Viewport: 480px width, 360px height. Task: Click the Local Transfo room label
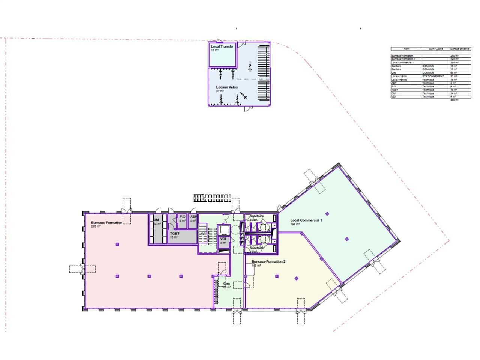point(222,46)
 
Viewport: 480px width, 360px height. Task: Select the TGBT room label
point(174,233)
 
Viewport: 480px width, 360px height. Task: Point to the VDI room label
point(223,239)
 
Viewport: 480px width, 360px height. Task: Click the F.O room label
point(182,217)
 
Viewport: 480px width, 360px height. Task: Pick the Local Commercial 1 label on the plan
point(306,220)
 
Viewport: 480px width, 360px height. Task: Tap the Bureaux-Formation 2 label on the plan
point(268,261)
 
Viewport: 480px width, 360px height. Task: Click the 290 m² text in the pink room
point(96,226)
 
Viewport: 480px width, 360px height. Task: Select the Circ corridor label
point(226,283)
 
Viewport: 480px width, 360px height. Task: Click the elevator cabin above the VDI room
point(224,229)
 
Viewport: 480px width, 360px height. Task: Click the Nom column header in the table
point(406,49)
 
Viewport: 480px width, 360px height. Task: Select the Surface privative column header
point(460,49)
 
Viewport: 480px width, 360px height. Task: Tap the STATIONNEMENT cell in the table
point(433,76)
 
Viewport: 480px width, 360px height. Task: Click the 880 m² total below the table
point(454,100)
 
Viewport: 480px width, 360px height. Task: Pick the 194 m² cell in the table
point(454,62)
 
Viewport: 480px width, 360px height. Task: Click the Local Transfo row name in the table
point(399,79)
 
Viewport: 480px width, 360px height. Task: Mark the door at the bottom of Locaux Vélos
point(248,109)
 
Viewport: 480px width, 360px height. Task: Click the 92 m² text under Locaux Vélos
point(219,91)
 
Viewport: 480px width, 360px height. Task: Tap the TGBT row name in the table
point(394,90)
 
